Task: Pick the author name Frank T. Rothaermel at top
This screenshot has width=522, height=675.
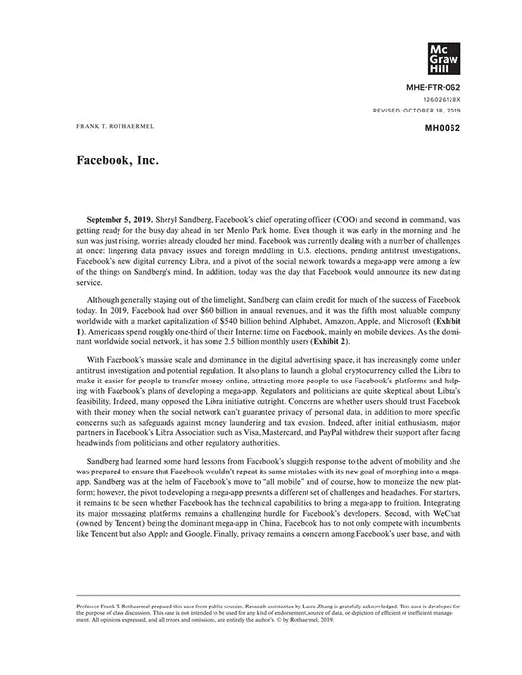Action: tap(104, 128)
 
